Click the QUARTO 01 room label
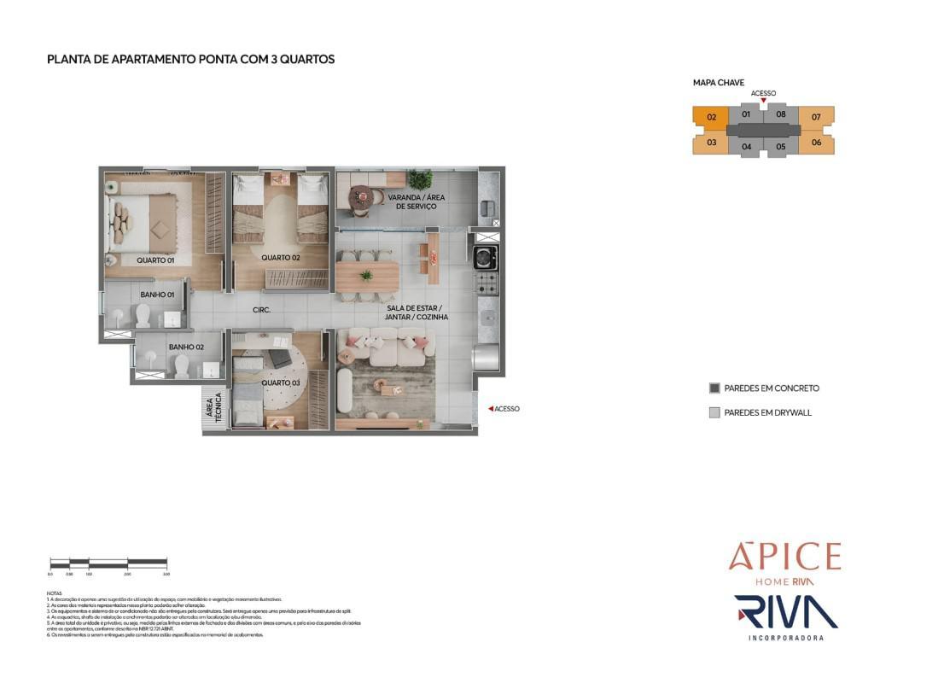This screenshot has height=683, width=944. (155, 260)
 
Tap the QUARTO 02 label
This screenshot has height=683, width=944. (281, 257)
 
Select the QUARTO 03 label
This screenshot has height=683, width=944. (281, 382)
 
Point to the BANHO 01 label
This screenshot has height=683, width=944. (157, 295)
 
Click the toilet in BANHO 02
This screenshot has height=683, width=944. (181, 365)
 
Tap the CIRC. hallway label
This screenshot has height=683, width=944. (261, 310)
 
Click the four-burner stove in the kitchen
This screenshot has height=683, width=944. (487, 282)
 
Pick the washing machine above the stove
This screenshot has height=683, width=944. (487, 256)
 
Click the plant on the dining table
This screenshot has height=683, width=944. (366, 276)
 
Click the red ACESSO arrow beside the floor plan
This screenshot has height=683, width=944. (490, 409)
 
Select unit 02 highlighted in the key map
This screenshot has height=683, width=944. (710, 117)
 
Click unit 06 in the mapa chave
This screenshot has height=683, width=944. (816, 143)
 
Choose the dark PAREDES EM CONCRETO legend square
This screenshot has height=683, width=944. (714, 388)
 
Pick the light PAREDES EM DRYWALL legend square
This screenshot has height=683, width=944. (714, 412)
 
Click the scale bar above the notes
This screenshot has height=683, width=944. (108, 563)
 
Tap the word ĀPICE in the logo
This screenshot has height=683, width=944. (784, 557)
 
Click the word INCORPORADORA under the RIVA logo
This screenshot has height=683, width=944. (785, 638)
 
